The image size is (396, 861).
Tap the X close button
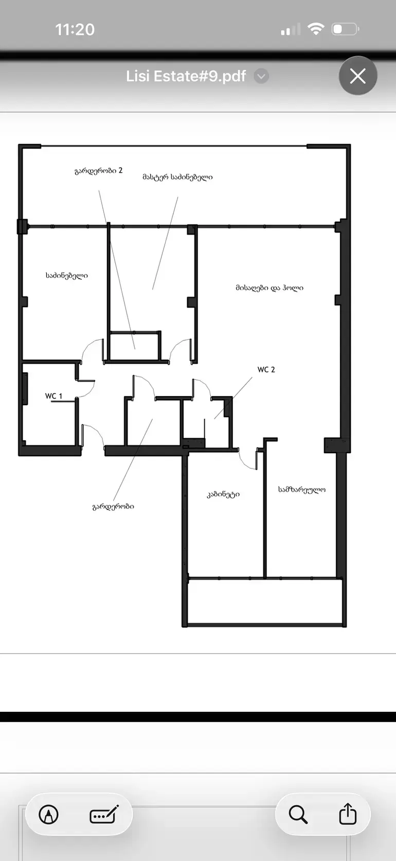point(358,76)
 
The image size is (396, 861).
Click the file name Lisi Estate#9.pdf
point(186,76)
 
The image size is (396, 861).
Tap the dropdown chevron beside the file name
point(261,76)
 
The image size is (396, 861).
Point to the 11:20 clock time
point(75,30)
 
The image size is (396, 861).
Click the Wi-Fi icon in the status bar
point(316,29)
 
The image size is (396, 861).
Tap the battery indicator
point(345,29)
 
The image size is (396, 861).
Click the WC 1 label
point(53,396)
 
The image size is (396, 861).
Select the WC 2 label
point(266,369)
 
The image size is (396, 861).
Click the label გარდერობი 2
point(98,171)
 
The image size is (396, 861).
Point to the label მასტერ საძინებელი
point(177,177)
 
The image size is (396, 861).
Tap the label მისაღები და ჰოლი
point(269,288)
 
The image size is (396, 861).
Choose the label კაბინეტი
point(223,494)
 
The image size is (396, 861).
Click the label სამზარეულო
point(302,489)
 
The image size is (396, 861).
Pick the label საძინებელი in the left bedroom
point(67,275)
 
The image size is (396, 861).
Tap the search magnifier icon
point(298,814)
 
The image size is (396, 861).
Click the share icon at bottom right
point(348,813)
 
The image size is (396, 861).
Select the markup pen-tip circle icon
point(49,814)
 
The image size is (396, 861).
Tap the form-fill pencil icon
point(104,814)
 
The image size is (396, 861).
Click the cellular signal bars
point(290,29)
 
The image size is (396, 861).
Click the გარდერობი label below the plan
point(114,507)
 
